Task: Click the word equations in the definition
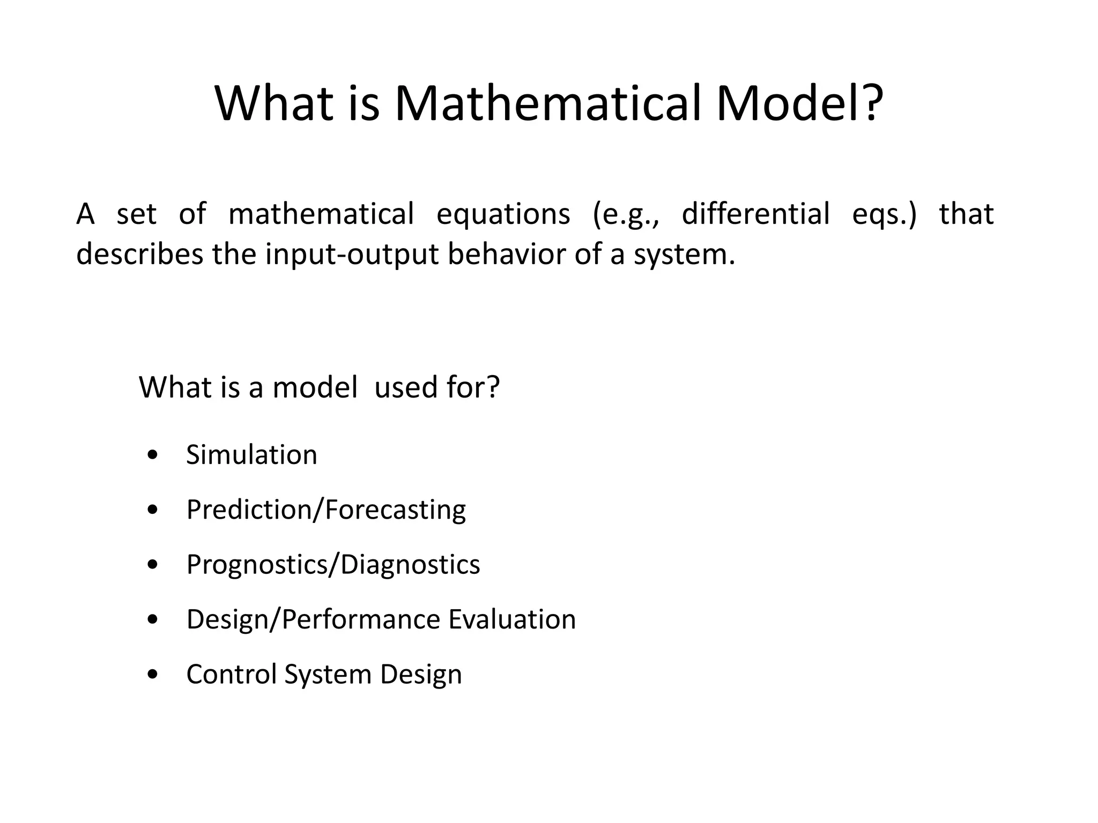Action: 503,214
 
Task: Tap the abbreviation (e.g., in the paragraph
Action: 625,214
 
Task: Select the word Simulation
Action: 251,455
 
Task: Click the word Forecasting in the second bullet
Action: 395,510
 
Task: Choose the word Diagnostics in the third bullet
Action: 410,565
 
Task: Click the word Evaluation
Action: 512,619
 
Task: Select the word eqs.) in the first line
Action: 884,214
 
